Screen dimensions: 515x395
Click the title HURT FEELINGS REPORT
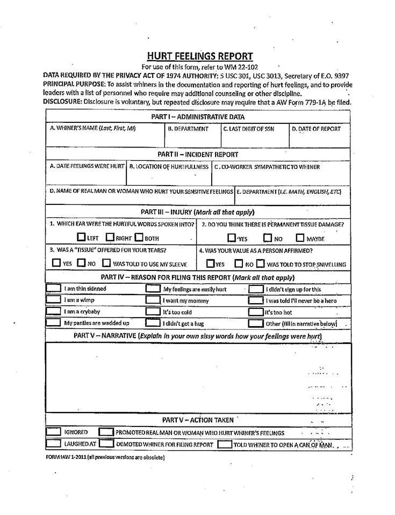coord(199,56)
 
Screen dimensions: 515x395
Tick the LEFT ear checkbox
coord(81,237)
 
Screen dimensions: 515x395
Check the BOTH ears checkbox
coord(139,237)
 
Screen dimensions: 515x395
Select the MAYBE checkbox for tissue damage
coord(300,238)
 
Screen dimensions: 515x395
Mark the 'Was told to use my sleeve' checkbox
coord(106,263)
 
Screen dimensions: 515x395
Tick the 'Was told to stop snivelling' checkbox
coord(260,263)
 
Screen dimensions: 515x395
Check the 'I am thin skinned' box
coord(53,289)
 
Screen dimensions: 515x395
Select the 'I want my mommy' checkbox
coord(153,300)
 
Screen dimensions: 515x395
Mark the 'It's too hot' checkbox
coord(255,312)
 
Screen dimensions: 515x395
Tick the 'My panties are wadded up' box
coord(53,323)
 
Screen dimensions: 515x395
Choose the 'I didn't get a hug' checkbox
coord(153,323)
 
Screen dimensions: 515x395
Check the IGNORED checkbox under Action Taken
coord(53,432)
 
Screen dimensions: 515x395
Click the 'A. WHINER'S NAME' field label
coord(92,129)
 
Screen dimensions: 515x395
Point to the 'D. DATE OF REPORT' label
coord(316,129)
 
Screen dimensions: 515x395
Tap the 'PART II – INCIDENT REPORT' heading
coord(198,154)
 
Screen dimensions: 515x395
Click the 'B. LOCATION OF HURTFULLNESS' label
coord(168,167)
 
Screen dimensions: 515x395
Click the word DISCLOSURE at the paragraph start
coord(62,101)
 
